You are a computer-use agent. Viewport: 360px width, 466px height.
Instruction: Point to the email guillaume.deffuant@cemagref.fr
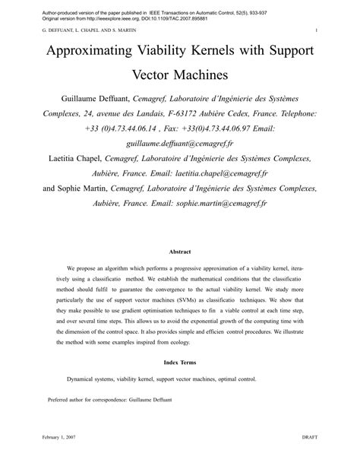(x=179, y=142)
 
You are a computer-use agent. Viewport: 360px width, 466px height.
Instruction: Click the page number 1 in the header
(x=314, y=31)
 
